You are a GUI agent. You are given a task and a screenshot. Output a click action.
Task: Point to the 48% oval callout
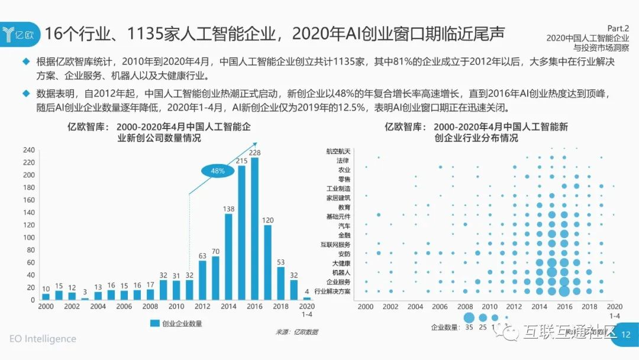point(217,171)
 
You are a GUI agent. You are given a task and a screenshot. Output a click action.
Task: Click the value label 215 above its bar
point(241,161)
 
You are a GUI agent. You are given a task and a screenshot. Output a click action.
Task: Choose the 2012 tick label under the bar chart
point(202,307)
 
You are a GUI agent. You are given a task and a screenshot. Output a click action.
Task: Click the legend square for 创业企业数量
point(154,323)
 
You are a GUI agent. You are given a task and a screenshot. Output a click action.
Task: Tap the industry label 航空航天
point(338,151)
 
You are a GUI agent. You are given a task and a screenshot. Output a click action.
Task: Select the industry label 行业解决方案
point(332,291)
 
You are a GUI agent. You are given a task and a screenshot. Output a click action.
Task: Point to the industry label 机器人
point(341,272)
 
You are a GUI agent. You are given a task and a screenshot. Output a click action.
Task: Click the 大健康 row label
point(341,263)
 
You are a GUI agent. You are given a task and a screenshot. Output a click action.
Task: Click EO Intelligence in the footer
point(43,339)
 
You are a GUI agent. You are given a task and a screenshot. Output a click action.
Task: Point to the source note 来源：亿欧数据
point(296,332)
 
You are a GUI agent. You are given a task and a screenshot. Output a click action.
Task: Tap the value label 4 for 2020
point(306,291)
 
